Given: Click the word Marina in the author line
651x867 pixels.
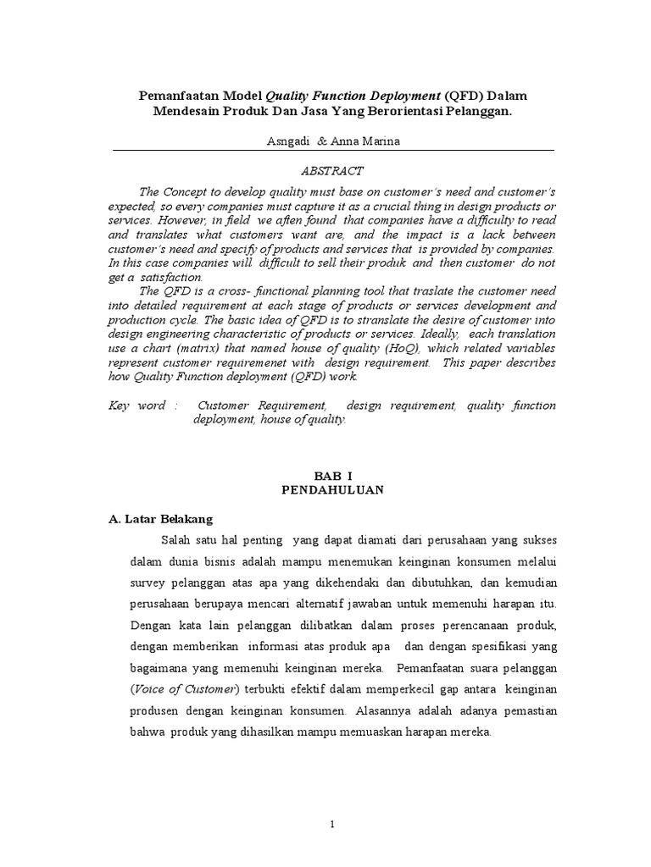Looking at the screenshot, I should (x=378, y=141).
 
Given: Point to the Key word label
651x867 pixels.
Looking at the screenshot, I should (x=137, y=406).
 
